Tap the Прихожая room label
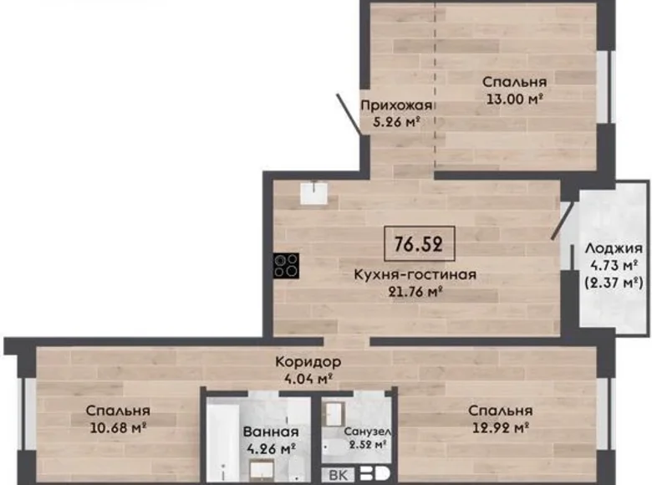pyautogui.click(x=396, y=105)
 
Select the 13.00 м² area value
pyautogui.click(x=515, y=98)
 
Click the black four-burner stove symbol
pyautogui.click(x=286, y=265)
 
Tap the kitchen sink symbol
pyautogui.click(x=316, y=194)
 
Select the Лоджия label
pyautogui.click(x=614, y=248)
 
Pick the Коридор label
pyautogui.click(x=308, y=362)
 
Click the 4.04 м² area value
pyautogui.click(x=308, y=378)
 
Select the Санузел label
pyautogui.click(x=368, y=431)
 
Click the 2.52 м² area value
pyautogui.click(x=368, y=445)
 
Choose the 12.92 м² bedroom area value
pyautogui.click(x=500, y=427)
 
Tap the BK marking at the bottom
pyautogui.click(x=339, y=475)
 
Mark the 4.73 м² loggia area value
pyautogui.click(x=614, y=265)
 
